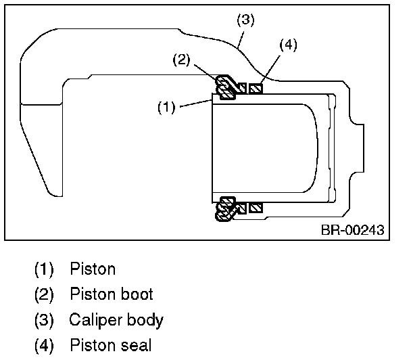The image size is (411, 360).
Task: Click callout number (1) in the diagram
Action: (x=166, y=108)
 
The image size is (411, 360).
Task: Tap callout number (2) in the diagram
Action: (x=181, y=60)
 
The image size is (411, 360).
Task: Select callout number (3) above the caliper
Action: (x=245, y=20)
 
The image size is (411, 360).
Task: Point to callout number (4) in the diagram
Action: (x=289, y=45)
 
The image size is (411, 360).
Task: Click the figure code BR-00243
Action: (x=353, y=230)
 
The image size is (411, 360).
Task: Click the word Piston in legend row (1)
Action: (x=93, y=269)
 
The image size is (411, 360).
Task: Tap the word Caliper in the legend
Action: (x=96, y=320)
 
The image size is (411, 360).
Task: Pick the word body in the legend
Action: (x=145, y=320)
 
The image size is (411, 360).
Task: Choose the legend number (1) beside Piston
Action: (x=44, y=269)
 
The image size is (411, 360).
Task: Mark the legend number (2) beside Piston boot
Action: (x=44, y=294)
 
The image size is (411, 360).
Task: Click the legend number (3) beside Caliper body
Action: (x=44, y=320)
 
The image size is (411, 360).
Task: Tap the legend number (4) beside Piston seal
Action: (x=44, y=346)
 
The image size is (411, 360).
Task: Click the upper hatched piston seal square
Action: (x=256, y=89)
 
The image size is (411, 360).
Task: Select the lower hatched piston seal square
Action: (x=256, y=208)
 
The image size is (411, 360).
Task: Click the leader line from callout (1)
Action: (x=196, y=103)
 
